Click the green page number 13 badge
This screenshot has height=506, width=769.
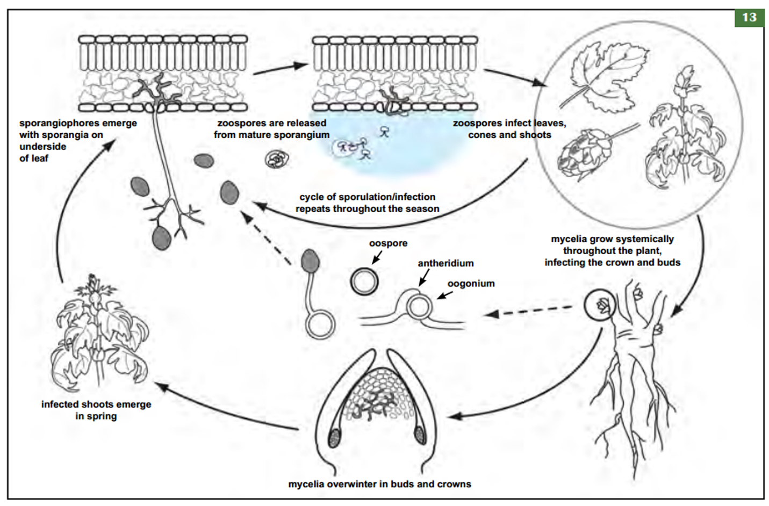pos(749,17)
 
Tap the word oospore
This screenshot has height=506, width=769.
pos(388,243)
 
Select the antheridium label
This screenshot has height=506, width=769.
pos(445,263)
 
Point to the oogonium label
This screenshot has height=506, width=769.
pos(471,284)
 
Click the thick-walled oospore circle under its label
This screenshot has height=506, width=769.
pos(364,280)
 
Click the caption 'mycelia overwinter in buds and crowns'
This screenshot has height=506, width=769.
pos(379,484)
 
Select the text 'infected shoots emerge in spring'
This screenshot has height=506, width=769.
pos(96,410)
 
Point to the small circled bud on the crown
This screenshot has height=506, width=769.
pos(600,306)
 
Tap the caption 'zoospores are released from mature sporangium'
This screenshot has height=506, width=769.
pos(271,129)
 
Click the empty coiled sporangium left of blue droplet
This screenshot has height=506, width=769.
pos(277,159)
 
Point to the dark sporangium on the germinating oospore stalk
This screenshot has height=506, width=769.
pos(310,261)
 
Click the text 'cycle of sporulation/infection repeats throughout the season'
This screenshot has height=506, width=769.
pos(368,203)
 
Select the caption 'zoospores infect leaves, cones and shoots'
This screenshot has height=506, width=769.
pos(509,129)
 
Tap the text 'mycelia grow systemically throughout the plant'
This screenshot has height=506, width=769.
pos(612,250)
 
